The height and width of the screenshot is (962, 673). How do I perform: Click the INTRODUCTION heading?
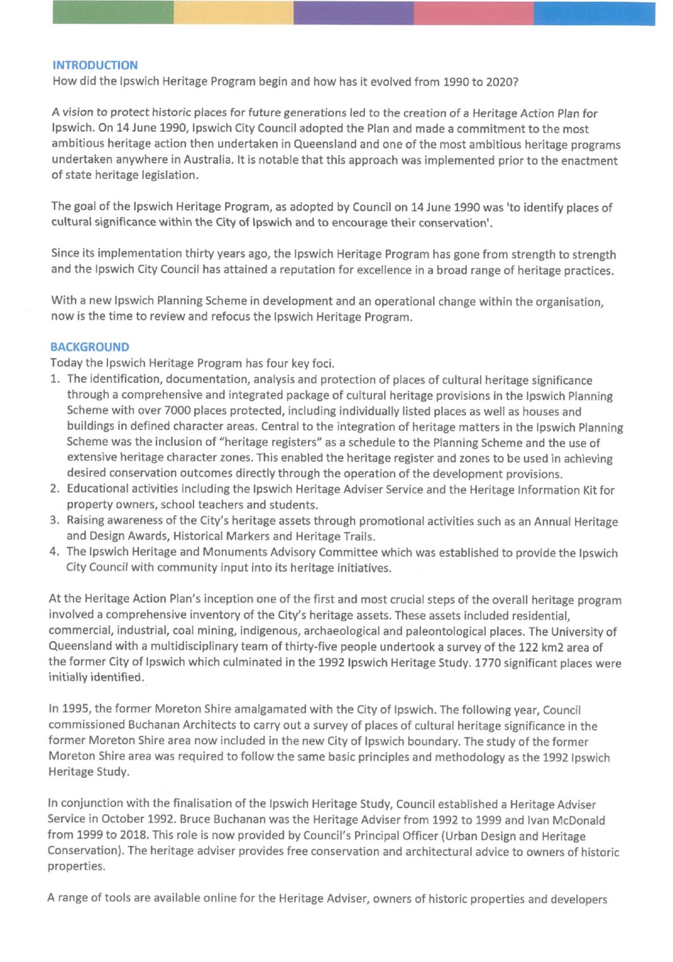click(x=95, y=65)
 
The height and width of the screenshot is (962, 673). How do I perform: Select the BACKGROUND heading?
click(x=89, y=347)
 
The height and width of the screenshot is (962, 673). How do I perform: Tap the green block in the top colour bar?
click(x=113, y=13)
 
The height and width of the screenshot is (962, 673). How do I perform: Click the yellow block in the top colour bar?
click(x=233, y=13)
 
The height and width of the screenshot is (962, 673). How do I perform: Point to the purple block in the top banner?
click(x=353, y=13)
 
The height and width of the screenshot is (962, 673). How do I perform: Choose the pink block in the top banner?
click(x=474, y=13)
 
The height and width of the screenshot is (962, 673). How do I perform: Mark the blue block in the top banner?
click(x=594, y=13)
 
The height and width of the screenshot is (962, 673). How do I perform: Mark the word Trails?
click(x=358, y=536)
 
